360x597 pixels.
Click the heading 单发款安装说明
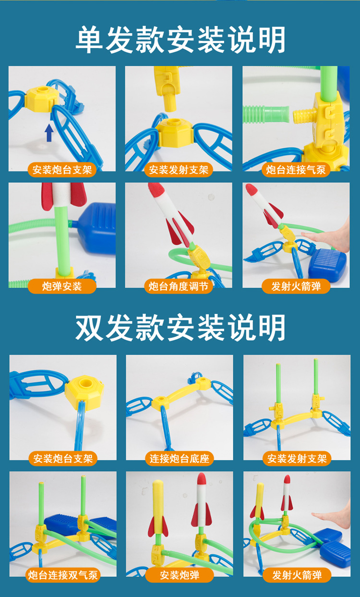tap(180, 39)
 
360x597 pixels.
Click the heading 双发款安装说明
tap(180, 328)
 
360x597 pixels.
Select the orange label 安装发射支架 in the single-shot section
tap(179, 169)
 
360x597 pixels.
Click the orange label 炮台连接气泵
tap(296, 169)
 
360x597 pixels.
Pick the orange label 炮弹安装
tap(62, 287)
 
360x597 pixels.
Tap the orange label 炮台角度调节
tap(179, 287)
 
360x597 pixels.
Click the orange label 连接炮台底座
tap(179, 458)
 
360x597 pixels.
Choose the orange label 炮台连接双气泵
tap(62, 575)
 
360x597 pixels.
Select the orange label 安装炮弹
tap(179, 575)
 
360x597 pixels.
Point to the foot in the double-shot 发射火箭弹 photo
tap(331, 518)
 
